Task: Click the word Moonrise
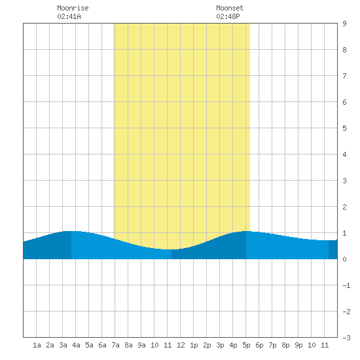click(73, 8)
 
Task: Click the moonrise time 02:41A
click(69, 16)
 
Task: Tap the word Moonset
click(230, 8)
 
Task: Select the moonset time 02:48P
click(228, 16)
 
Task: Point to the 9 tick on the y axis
click(344, 24)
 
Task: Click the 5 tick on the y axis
click(344, 128)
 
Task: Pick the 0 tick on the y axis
click(344, 259)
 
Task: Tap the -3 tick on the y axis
click(346, 338)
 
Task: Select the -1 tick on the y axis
click(346, 285)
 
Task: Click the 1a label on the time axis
click(37, 345)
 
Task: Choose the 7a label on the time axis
click(115, 345)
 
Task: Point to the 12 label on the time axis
click(181, 345)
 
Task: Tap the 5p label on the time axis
click(246, 345)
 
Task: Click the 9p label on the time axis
click(298, 345)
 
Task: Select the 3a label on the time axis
click(63, 345)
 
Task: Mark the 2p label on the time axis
click(207, 345)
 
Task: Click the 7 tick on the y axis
click(344, 76)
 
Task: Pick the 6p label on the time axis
click(259, 345)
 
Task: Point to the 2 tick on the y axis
click(344, 207)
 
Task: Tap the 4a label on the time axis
click(76, 345)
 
